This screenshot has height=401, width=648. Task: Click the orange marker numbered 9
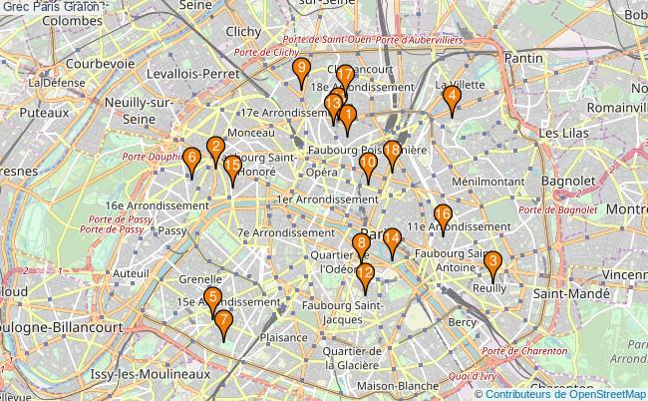[x=301, y=70]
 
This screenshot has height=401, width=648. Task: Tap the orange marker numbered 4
[x=452, y=97]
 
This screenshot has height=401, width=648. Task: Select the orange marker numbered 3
[x=491, y=263]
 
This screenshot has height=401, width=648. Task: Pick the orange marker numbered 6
[x=190, y=157]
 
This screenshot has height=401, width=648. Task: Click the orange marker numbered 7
[x=223, y=321]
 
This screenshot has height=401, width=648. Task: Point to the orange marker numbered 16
[x=444, y=215]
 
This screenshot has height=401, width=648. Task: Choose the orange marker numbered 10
[x=368, y=164]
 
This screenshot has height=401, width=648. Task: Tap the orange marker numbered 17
[x=345, y=76]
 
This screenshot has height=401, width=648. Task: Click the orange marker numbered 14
[x=392, y=238]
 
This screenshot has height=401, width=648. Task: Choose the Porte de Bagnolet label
[x=557, y=209]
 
